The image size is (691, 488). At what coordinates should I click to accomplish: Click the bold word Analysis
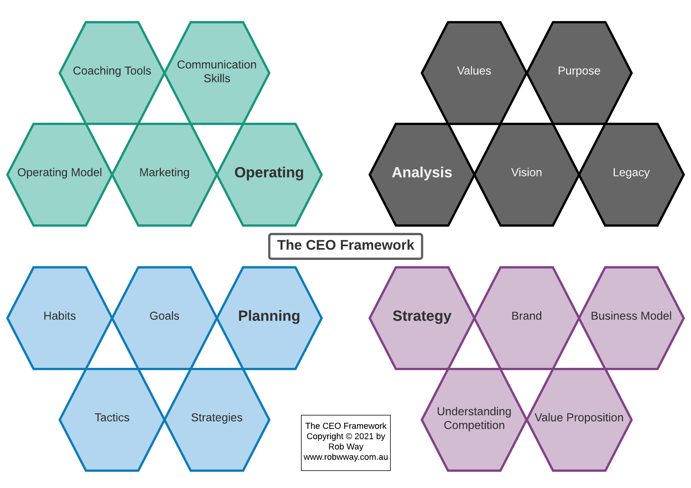[422, 173]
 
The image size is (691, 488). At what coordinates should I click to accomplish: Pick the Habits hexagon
[60, 318]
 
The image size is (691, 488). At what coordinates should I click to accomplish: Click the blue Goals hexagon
[165, 318]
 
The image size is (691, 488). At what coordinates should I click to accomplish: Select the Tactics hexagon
[112, 419]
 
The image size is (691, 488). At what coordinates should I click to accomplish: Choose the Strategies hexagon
[217, 419]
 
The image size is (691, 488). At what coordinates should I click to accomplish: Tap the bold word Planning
[269, 316]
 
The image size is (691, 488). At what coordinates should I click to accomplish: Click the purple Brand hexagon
[526, 318]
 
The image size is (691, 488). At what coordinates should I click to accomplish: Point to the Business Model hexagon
[631, 318]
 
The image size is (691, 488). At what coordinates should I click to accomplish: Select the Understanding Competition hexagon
[474, 419]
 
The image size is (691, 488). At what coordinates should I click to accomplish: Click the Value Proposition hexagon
[579, 419]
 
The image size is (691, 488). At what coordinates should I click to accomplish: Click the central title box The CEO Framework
[346, 246]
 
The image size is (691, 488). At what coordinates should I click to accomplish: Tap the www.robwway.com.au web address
[346, 457]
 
